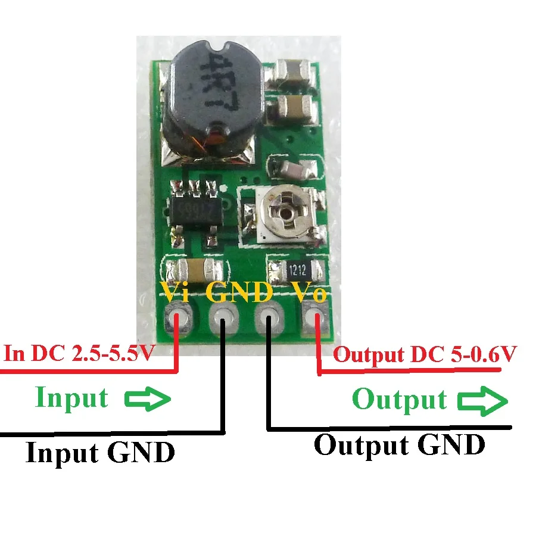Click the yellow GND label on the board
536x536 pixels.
click(x=239, y=292)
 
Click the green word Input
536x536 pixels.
click(x=71, y=397)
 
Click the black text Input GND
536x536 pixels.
click(x=100, y=453)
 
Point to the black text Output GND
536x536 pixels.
click(x=399, y=444)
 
